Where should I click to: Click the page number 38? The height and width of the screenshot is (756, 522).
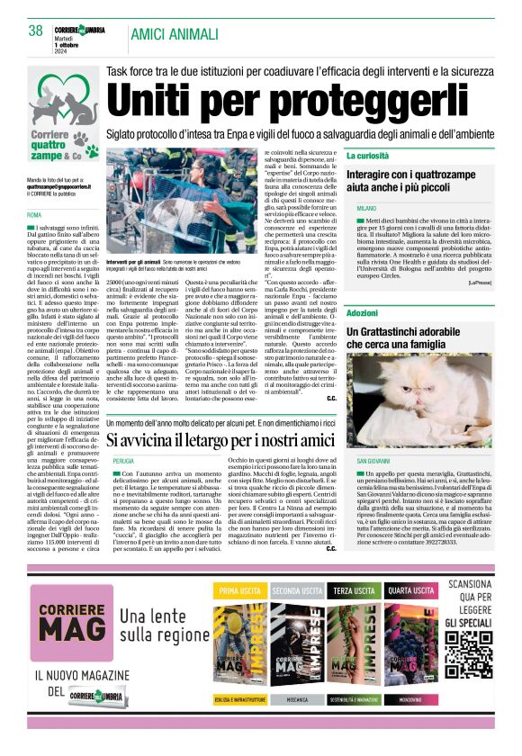[35, 31]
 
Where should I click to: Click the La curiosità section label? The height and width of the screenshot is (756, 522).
[367, 156]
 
